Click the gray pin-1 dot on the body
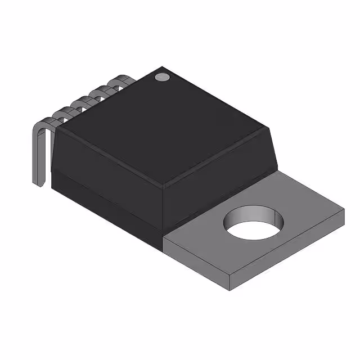[162, 76]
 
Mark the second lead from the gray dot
[102, 91]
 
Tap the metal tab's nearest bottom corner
[231, 290]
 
